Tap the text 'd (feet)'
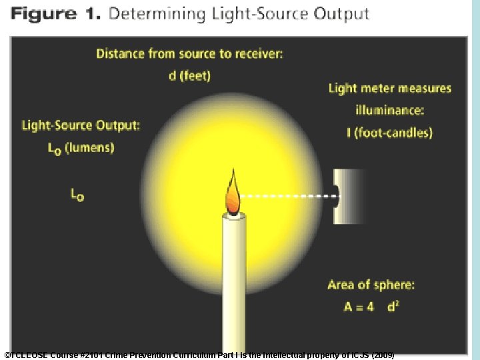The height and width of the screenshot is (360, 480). point(189,75)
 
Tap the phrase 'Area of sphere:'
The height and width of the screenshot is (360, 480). point(371,285)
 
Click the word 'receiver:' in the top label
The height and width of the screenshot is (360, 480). point(257,54)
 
